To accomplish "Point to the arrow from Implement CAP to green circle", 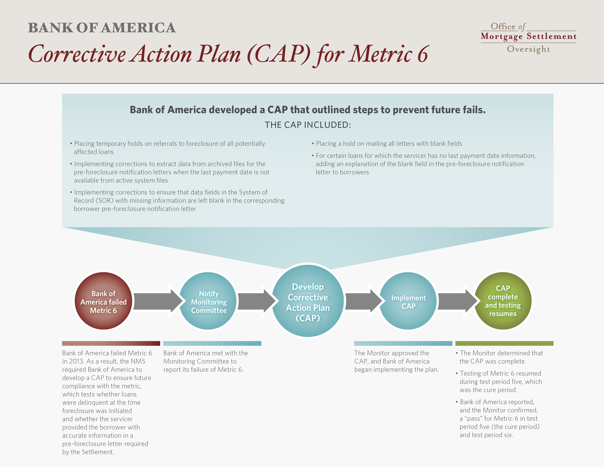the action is (x=458, y=301).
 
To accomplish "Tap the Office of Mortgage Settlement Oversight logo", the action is (x=529, y=38).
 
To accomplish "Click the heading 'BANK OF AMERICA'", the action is (x=102, y=28).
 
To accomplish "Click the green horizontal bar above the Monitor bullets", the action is (x=504, y=343).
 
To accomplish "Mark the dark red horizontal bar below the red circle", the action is (x=111, y=343).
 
